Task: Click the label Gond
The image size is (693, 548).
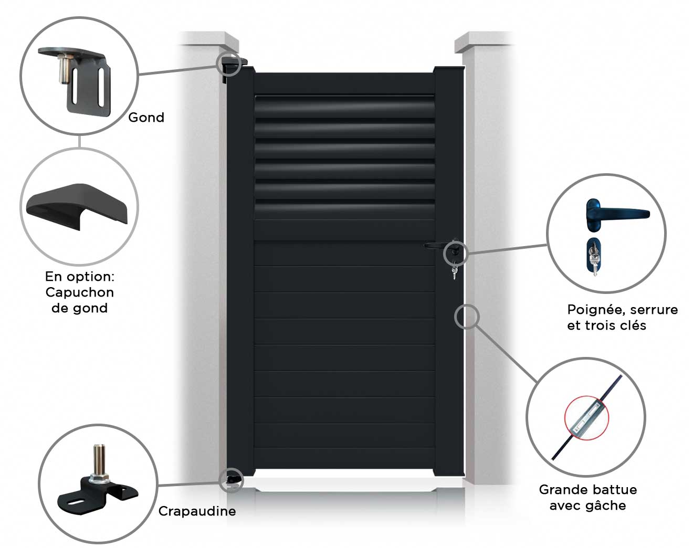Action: (146, 118)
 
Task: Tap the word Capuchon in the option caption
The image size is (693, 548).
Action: (80, 292)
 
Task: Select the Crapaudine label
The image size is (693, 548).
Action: (197, 511)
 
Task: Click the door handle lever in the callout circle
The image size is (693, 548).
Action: (617, 215)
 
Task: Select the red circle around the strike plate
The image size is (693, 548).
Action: (587, 418)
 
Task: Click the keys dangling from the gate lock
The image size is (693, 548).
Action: (454, 271)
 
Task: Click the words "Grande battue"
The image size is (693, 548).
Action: (588, 490)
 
